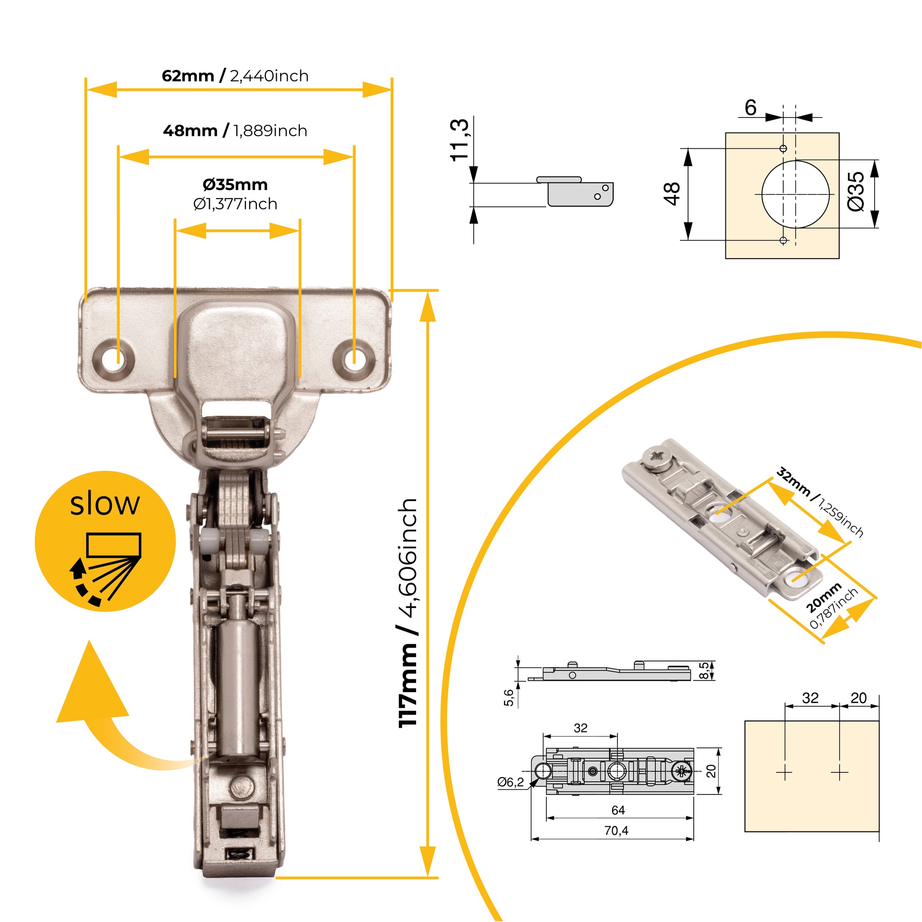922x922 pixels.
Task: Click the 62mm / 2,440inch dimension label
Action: pos(235,75)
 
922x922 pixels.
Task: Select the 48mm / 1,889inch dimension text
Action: pos(235,130)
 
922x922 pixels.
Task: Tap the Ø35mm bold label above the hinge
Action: pos(235,184)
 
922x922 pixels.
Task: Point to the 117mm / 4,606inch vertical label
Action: pos(408,613)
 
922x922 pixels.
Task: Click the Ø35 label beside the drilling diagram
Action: pos(856,191)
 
